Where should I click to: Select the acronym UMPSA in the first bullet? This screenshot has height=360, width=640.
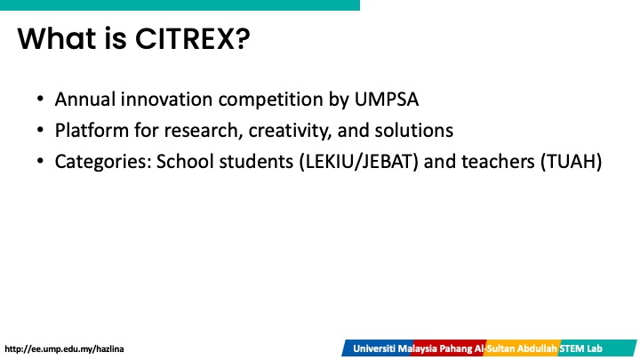[386, 100]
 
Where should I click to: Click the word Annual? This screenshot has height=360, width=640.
[85, 100]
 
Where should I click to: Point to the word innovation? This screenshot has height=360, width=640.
[166, 100]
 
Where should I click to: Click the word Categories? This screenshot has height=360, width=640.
[103, 162]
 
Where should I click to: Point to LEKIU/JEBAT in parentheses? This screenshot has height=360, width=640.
[359, 162]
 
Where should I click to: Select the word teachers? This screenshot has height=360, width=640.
[498, 162]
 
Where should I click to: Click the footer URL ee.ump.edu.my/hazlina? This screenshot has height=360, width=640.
[64, 349]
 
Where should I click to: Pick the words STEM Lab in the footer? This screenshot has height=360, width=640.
[580, 349]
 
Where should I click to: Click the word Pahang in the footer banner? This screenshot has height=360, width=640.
[455, 349]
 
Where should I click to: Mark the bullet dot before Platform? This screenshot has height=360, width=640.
[40, 130]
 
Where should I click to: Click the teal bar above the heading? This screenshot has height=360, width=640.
[180, 5]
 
